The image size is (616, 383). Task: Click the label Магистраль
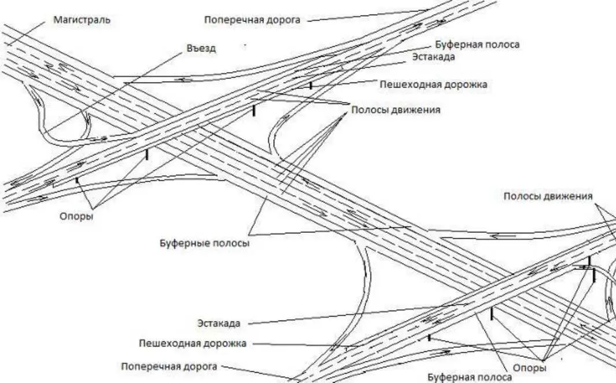(82, 20)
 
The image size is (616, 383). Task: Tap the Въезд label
(201, 48)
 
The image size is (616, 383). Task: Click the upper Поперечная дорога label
(252, 20)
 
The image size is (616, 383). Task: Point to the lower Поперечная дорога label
(169, 366)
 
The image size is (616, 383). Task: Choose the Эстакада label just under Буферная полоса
(434, 57)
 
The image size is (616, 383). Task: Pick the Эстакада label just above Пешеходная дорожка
(218, 323)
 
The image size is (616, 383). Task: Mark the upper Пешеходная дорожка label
(433, 85)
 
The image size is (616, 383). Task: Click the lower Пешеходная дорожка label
(193, 343)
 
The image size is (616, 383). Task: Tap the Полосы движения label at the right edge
(548, 196)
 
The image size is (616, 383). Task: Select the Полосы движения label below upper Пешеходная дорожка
(395, 110)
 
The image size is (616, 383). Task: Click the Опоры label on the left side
(76, 217)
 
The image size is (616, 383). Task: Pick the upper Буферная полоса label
(476, 45)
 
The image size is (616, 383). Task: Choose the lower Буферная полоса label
(470, 378)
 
